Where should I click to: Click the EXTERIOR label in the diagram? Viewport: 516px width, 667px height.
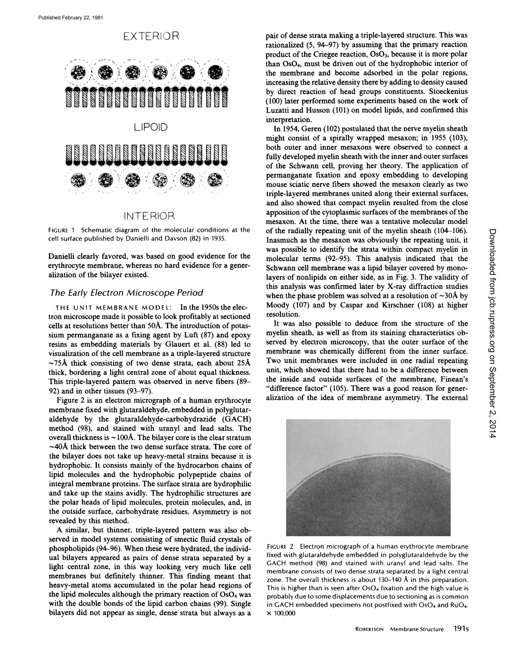tap(151, 36)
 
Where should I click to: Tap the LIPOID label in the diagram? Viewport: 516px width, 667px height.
tap(151, 127)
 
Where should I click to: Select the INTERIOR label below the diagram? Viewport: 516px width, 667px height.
tap(149, 216)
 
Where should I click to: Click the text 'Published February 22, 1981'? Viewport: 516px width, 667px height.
tap(71, 18)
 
